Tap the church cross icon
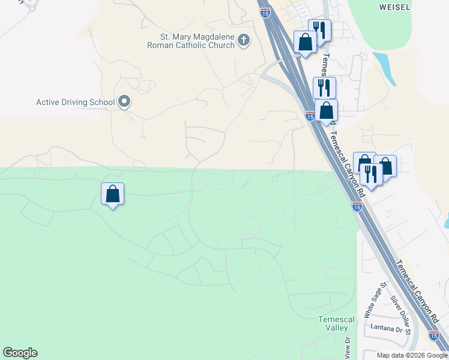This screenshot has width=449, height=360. coord(243,40)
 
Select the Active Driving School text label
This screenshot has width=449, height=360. coord(75,102)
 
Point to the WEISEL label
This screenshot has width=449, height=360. coord(395,7)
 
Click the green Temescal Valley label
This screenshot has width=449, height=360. coord(336,323)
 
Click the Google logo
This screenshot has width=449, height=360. coord(20,353)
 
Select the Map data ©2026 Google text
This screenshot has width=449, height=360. coord(411,355)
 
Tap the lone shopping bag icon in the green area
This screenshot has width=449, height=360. coord(112,194)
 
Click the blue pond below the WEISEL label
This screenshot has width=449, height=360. coord(384,69)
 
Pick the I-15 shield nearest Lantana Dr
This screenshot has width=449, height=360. coord(434,336)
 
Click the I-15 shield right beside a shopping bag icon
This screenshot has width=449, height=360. coord(310,116)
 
